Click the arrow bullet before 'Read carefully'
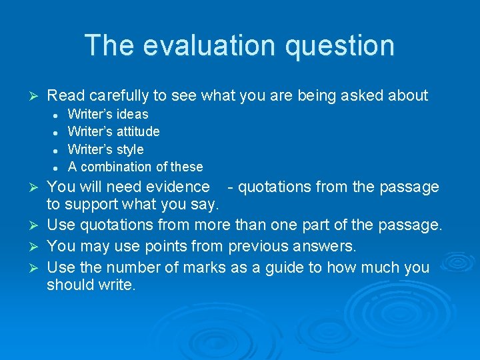point(28,96)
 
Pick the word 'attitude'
point(137,131)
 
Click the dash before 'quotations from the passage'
point(230,187)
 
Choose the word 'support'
point(92,204)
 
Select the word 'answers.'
point(323,247)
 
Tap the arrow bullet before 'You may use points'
point(28,247)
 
